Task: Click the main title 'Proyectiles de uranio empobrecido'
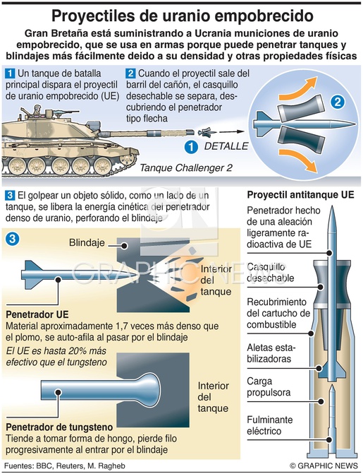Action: [x=183, y=16]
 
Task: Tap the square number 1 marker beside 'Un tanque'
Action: [x=10, y=73]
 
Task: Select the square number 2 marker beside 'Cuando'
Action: [x=130, y=73]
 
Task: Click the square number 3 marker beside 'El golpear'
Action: [x=10, y=195]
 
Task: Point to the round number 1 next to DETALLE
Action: [x=191, y=147]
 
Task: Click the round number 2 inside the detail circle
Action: [x=338, y=102]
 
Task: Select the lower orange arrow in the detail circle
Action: [x=299, y=160]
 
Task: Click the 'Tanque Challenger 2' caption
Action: [x=186, y=168]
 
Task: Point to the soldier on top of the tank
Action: [x=37, y=109]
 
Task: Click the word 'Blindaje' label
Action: [x=87, y=242]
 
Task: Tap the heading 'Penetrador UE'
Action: [x=37, y=314]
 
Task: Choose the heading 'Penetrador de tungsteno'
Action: [x=59, y=427]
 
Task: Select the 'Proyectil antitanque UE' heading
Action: [x=300, y=195]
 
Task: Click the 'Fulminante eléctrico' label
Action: [x=270, y=425]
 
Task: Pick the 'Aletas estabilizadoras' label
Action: [x=271, y=353]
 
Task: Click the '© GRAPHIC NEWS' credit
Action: [x=323, y=466]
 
